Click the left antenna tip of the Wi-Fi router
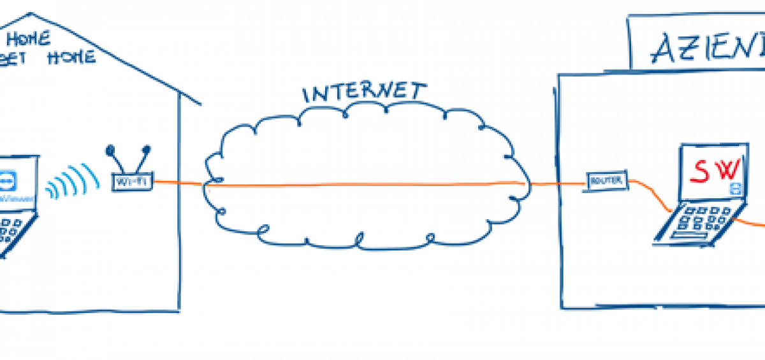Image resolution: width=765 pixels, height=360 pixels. (x=111, y=151)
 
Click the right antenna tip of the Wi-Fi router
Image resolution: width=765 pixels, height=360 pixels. (x=147, y=150)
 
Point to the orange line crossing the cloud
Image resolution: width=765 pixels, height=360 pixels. (x=363, y=185)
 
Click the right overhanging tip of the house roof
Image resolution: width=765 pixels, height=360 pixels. (x=200, y=103)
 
